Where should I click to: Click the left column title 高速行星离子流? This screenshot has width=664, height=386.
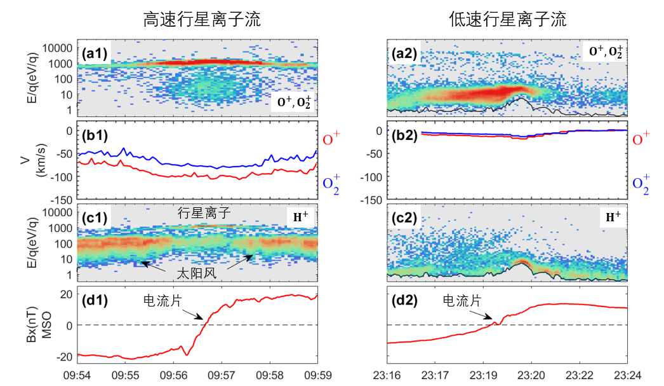pyautogui.click(x=201, y=20)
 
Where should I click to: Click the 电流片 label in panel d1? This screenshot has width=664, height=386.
pyautogui.click(x=161, y=299)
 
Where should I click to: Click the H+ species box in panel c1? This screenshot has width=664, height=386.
pyautogui.click(x=301, y=217)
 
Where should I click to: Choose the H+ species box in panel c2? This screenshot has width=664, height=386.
pyautogui.click(x=612, y=217)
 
